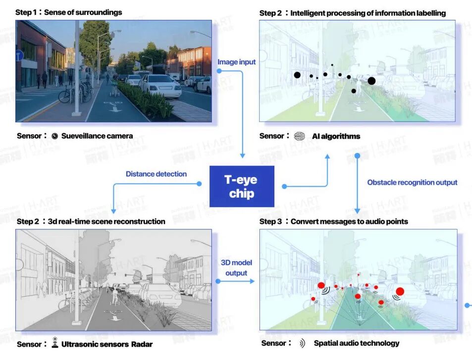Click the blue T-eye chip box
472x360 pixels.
pos(242,186)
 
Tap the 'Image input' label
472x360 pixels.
pos(237,62)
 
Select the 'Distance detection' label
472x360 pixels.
pos(156,174)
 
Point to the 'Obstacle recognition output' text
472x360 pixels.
pos(412,182)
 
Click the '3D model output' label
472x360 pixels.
pos(236,268)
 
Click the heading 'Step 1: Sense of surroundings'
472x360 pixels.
pos(69,12)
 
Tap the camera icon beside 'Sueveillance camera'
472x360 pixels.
pos(55,136)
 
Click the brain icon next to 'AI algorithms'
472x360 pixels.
pos(299,136)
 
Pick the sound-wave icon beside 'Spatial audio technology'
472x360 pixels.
pos(302,343)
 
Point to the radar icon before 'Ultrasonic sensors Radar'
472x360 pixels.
pos(55,343)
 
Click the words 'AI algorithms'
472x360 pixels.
pos(336,136)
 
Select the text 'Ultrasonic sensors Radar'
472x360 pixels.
pos(106,344)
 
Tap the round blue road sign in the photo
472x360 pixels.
pos(19,56)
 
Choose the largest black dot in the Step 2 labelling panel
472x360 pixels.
pos(371,81)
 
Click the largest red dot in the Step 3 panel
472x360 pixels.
pos(400,291)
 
